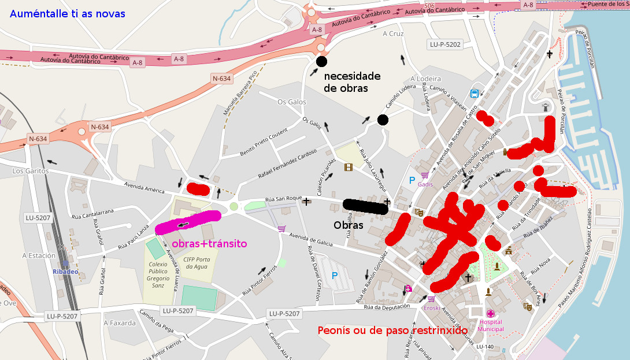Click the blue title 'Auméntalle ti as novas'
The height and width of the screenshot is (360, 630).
pos(67,14)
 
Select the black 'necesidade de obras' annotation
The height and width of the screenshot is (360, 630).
pos(351,82)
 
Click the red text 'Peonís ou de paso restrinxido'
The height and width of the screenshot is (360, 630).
pos(392,331)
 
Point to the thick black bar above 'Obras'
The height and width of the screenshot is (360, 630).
pos(365,206)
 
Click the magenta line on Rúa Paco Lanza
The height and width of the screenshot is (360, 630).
pos(188,222)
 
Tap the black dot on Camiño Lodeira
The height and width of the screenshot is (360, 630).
pos(383,120)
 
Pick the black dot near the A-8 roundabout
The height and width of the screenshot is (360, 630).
pos(321,61)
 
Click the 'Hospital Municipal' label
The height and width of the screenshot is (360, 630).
pos(491,325)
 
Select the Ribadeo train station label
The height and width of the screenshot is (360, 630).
pos(65,272)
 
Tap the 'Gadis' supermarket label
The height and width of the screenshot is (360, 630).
pos(425,184)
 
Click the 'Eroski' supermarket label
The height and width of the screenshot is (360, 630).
pos(432,308)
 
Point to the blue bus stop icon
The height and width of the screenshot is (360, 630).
pos(475,94)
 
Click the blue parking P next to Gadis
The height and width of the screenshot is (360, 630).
pos(412,181)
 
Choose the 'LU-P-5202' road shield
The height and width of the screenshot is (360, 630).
pos(446,44)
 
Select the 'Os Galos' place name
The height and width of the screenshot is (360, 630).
pos(291,102)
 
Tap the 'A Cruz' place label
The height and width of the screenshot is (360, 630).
pos(393,34)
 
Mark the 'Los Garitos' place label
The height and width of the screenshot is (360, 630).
pos(30,171)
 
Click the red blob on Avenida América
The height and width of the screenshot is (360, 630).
pos(198,188)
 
